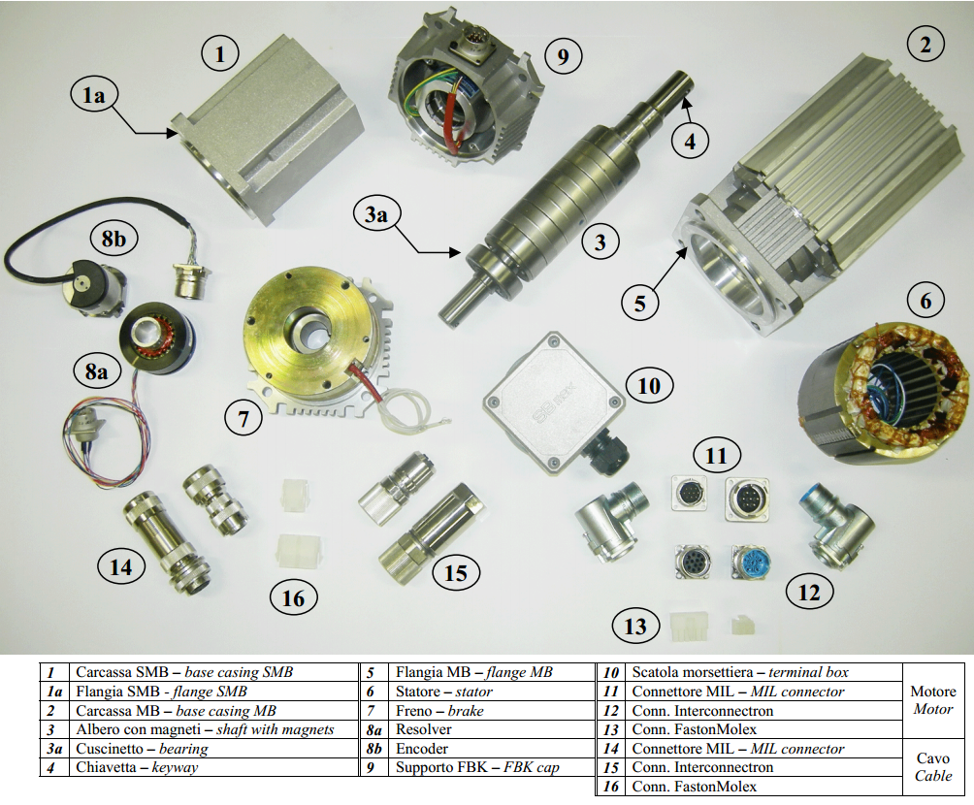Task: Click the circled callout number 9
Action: [x=564, y=56]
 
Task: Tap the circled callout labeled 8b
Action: [x=114, y=239]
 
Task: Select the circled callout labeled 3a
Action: [x=376, y=214]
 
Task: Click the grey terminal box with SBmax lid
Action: [x=554, y=402]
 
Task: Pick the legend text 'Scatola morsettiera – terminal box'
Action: [x=740, y=672]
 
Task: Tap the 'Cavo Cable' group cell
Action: [x=933, y=767]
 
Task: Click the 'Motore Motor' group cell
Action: [x=933, y=700]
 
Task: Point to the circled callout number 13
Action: [x=635, y=627]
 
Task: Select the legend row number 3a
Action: [x=54, y=749]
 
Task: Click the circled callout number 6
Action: [x=925, y=302]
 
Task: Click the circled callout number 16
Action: [x=293, y=598]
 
